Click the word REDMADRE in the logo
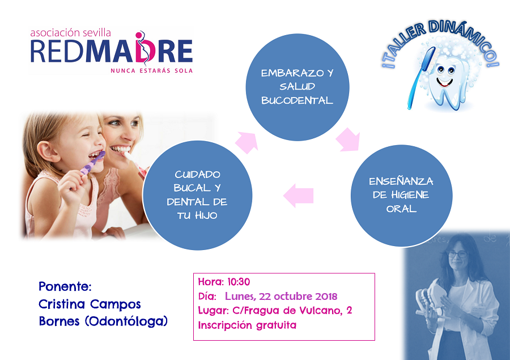tap(111, 50)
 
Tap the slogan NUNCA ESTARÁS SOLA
tap(151, 71)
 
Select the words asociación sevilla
tap(71, 32)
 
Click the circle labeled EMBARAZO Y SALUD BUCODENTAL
tap(297, 87)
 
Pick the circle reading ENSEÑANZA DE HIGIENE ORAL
tap(401, 195)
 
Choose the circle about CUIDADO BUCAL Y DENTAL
tap(197, 195)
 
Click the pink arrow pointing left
tap(298, 196)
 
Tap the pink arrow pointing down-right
tap(348, 139)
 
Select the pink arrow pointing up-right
tap(247, 142)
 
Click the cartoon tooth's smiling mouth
tap(444, 82)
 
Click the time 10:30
tap(239, 282)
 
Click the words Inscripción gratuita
tap(247, 325)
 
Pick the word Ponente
tap(65, 286)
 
